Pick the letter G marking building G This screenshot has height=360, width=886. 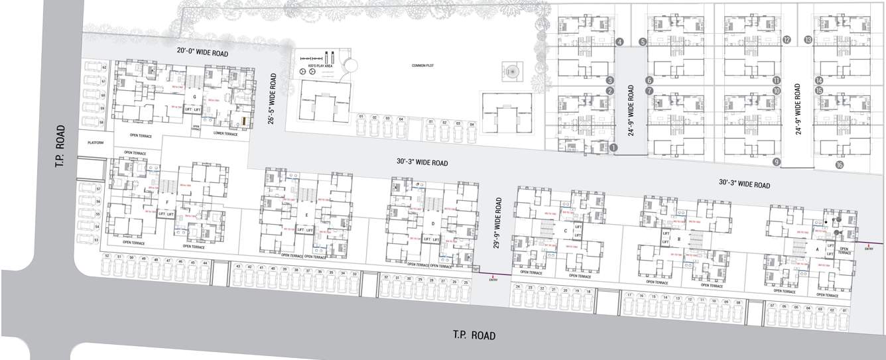pos(193,97)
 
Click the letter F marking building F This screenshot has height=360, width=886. pos(168,202)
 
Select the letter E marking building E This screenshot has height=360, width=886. pos(306,215)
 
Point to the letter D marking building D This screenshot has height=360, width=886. pos(432,223)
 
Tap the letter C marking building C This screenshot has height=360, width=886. pos(564,231)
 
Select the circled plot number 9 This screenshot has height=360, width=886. pos(776,161)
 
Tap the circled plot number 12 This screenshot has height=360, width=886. pos(787,40)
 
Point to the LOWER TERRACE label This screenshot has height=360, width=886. pos(225,133)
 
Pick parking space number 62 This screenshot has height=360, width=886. pos(104,68)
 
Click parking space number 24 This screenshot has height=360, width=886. pos(518,287)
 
